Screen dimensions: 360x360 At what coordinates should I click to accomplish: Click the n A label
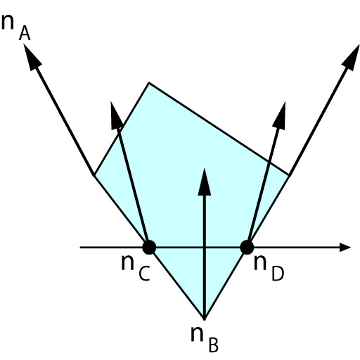16,27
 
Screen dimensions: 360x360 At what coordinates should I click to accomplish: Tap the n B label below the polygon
205,339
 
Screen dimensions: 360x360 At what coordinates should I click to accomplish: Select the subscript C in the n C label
144,274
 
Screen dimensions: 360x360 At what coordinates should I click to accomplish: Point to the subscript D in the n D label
278,274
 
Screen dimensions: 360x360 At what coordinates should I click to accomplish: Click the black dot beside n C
149,247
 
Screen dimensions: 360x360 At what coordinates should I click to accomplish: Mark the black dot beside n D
247,247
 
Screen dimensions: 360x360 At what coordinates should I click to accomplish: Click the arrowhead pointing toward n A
32,56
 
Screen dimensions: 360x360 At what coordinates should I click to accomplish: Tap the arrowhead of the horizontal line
345,247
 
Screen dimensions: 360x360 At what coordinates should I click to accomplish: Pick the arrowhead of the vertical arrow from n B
205,181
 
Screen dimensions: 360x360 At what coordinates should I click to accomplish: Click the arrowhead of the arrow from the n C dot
116,115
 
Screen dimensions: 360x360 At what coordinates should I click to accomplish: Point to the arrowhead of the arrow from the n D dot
280,115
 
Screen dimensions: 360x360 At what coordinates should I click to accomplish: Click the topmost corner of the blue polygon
149,82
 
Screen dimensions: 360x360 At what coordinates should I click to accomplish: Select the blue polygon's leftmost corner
94,175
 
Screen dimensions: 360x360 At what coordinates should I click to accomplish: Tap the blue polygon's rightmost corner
290,175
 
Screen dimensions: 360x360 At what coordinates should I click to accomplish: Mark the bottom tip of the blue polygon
205,319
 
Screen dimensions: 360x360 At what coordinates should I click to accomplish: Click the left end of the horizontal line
80,247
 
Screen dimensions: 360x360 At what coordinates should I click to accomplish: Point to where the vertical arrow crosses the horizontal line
205,247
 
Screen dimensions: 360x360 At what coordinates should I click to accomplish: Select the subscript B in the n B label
213,345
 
